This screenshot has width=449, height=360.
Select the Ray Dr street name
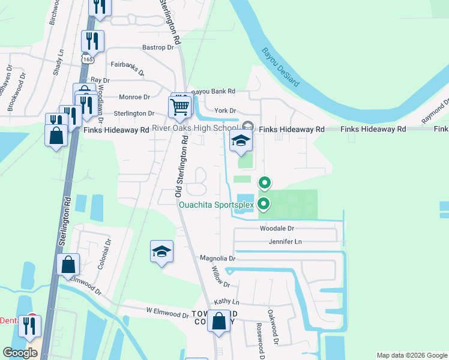100,80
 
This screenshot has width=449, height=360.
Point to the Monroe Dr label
134,97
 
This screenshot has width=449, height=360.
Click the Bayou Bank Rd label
213,91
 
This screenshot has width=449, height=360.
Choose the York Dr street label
226,110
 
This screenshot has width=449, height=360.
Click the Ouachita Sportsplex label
217,205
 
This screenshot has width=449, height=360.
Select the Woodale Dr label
277,229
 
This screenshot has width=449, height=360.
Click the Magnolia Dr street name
218,258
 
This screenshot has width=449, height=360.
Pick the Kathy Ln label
226,302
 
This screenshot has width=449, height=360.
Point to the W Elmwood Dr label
167,313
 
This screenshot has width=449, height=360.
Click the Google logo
20,353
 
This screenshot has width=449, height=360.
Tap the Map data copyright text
411,355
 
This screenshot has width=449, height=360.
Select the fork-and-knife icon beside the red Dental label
28,326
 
